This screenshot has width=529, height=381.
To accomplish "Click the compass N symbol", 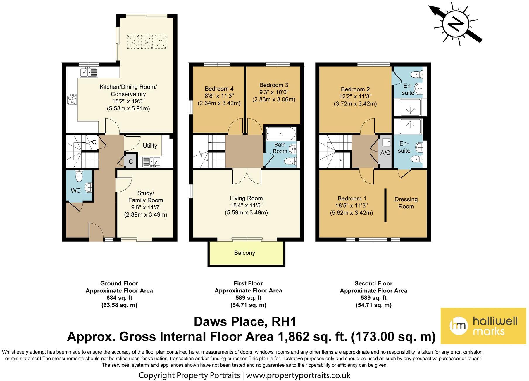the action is pyautogui.click(x=456, y=24).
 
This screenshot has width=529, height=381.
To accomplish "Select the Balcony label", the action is pyautogui.click(x=244, y=253).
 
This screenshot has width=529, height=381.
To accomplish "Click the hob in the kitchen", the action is pyautogui.click(x=72, y=99).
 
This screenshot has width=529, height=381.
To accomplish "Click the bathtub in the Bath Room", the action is pyautogui.click(x=281, y=134).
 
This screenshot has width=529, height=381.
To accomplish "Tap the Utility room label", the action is pyautogui.click(x=150, y=146).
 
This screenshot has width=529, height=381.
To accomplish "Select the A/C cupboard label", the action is pyautogui.click(x=385, y=153).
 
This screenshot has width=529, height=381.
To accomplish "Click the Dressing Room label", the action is pyautogui.click(x=406, y=203).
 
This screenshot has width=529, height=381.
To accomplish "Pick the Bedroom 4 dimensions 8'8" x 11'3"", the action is pyautogui.click(x=219, y=96).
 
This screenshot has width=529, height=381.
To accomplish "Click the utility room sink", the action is pyautogui.click(x=151, y=162).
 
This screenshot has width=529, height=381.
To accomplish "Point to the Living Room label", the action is pyautogui.click(x=246, y=198).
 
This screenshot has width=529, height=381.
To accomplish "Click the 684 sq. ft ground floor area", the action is pyautogui.click(x=119, y=298).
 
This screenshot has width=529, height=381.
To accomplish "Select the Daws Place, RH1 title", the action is pyautogui.click(x=245, y=322).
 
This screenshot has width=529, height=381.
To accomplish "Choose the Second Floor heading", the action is pyautogui.click(x=373, y=283).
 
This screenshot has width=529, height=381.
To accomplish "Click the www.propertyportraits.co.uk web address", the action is pyautogui.click(x=298, y=375).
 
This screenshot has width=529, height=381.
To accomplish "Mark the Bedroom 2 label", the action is pyautogui.click(x=353, y=89).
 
